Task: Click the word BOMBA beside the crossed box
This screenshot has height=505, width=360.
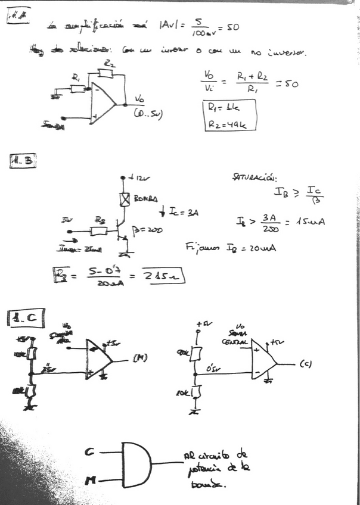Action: click(144, 198)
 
